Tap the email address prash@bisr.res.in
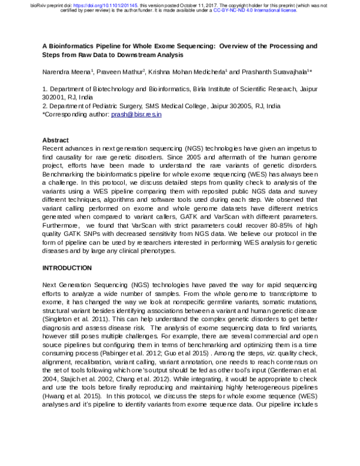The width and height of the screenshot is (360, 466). point(137,113)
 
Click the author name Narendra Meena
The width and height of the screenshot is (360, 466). point(66,71)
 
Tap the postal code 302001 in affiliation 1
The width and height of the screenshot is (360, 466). point(56,96)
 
